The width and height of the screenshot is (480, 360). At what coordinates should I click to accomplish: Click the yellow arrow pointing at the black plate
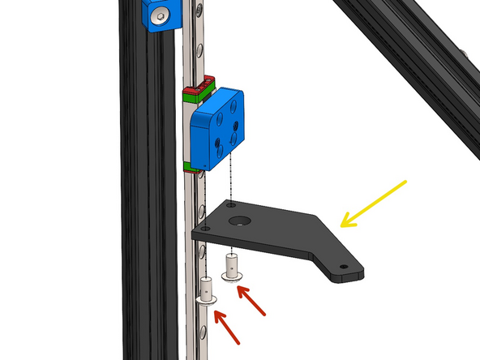374,203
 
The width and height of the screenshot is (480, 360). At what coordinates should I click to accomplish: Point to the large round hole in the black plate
240,220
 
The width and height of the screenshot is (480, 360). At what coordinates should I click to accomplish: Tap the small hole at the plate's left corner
206,229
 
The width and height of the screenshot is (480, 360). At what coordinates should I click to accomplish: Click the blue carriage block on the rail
217,130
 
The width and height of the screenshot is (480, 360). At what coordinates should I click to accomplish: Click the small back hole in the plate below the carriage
232,206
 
